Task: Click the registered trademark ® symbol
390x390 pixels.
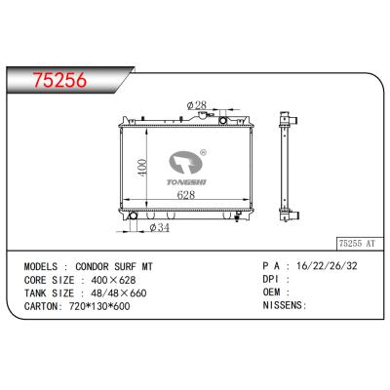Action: [202, 152]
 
